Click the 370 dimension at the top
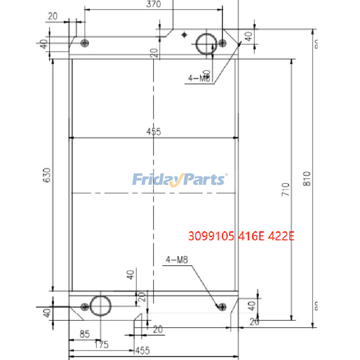coord(154,4)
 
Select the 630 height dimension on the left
coord(47,175)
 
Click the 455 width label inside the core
coord(153,132)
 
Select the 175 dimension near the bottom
coord(101,345)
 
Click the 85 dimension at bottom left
coord(84,335)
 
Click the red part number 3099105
coord(210,236)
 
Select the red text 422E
coord(281,236)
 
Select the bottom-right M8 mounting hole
coord(220,307)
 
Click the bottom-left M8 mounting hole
coord(84,307)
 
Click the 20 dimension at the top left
coord(53,16)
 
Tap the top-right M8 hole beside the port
coord(223,43)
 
